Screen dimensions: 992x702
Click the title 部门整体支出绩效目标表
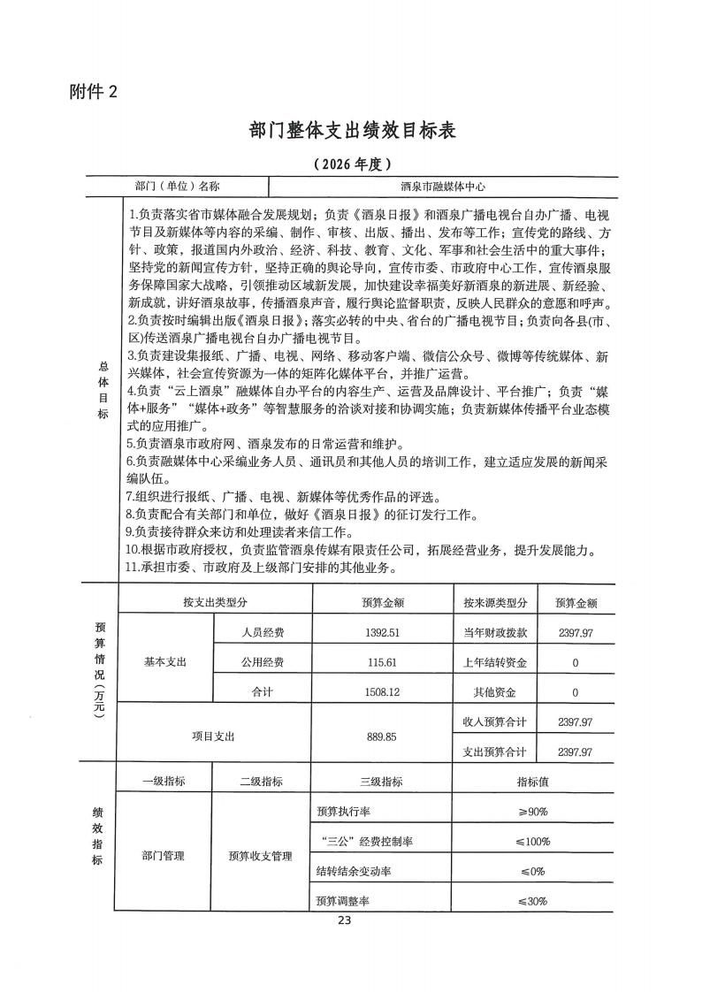(x=351, y=131)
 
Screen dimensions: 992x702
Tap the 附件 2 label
(x=93, y=90)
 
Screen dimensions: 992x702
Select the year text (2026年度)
(x=351, y=164)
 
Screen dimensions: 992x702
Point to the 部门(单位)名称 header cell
(x=177, y=187)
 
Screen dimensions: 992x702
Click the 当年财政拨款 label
(x=495, y=632)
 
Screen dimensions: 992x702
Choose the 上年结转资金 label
(x=495, y=662)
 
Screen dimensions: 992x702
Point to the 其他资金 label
(x=495, y=692)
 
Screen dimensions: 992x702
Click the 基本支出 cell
(x=165, y=662)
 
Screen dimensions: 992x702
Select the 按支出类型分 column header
(x=215, y=603)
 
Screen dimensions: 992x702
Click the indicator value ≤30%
(x=532, y=901)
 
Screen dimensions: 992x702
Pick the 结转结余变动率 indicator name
(x=354, y=871)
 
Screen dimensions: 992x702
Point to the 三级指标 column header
(x=382, y=782)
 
